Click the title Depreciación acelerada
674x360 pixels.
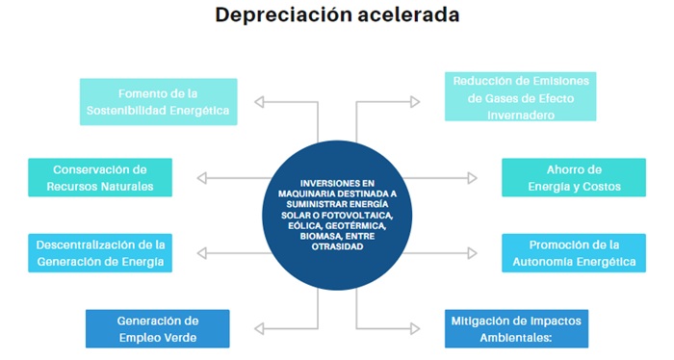[x=337, y=15]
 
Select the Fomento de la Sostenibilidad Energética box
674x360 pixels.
[x=158, y=102]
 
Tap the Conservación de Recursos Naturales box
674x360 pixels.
[x=100, y=178]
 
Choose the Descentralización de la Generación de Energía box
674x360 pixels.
[x=100, y=252]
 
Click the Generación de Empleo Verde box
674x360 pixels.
[x=157, y=328]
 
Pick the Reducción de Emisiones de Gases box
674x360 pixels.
[x=516, y=96]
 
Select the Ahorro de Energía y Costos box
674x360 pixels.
[x=574, y=178]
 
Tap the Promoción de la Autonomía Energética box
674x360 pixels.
[x=574, y=252]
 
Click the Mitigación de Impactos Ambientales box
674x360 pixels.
[x=516, y=328]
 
